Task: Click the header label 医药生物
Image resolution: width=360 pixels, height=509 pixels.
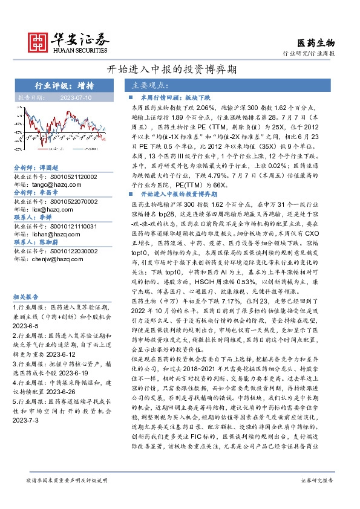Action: click(x=316, y=43)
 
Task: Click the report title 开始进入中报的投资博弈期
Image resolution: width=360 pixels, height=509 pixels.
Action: click(x=180, y=68)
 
